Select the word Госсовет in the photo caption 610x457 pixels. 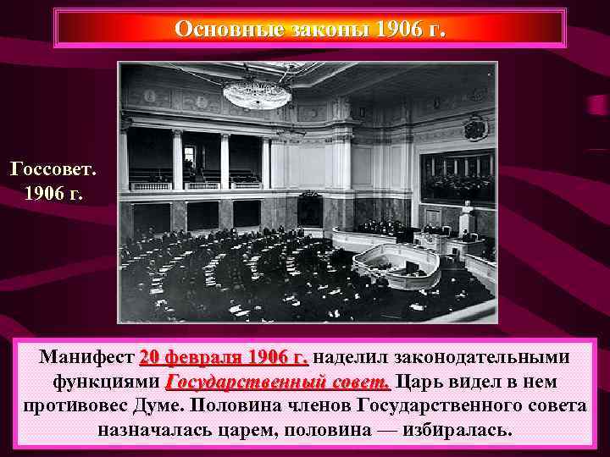53,168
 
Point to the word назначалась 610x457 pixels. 158,428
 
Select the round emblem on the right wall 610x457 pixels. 475,128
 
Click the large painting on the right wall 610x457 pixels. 457,175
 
